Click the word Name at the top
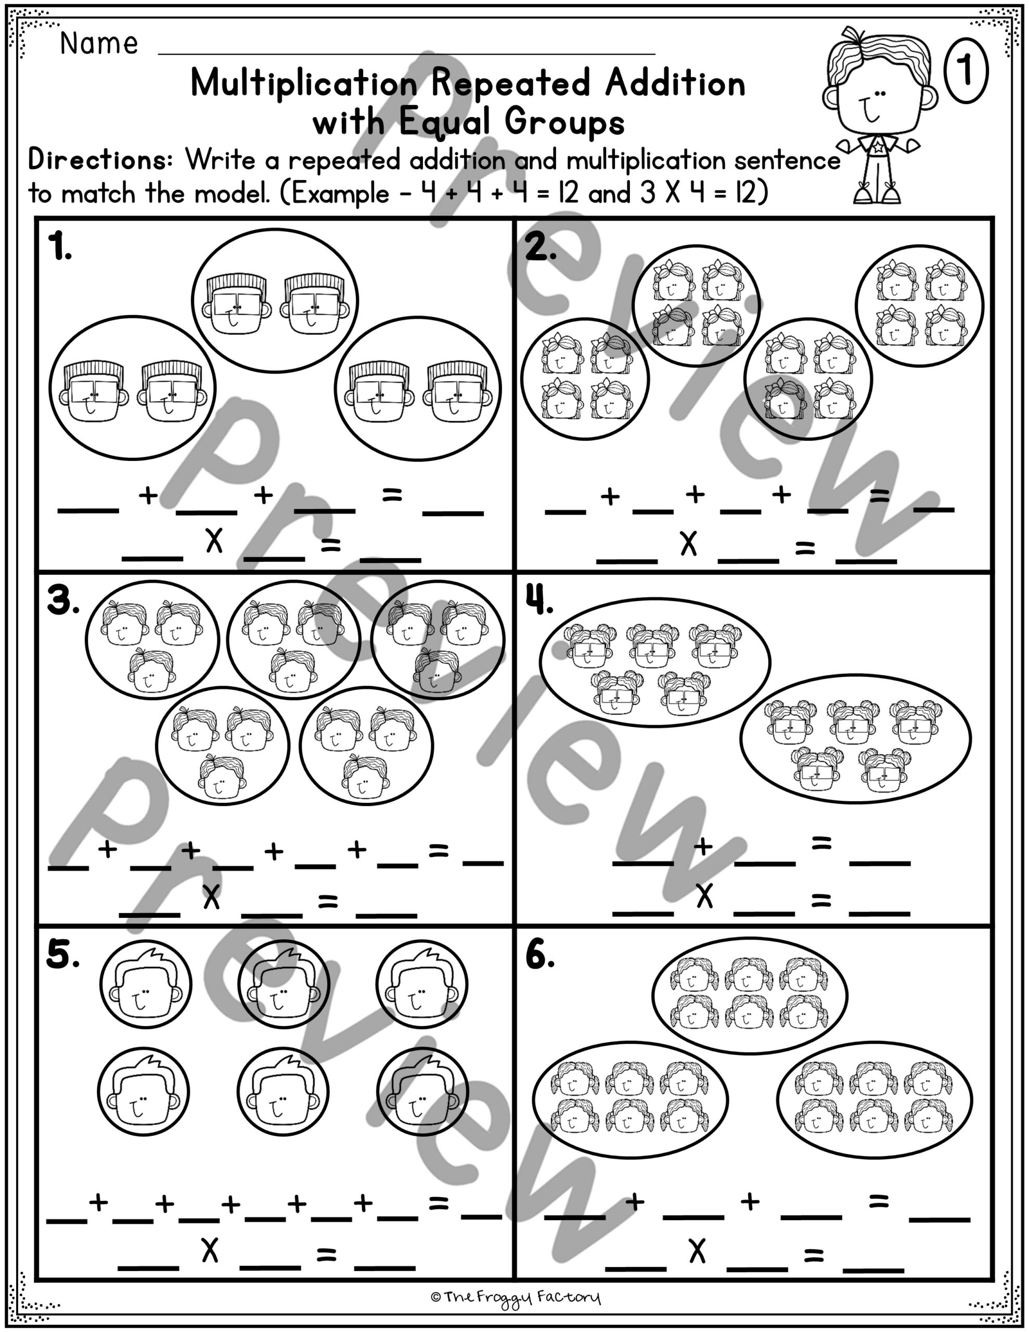point(99,44)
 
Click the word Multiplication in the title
point(303,84)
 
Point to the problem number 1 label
point(60,249)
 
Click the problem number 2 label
point(540,249)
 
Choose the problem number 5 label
point(63,956)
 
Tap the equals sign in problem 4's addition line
point(821,843)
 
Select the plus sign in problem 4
point(703,846)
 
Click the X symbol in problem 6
point(697,1252)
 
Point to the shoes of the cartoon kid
point(877,194)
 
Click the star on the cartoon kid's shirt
point(877,146)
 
